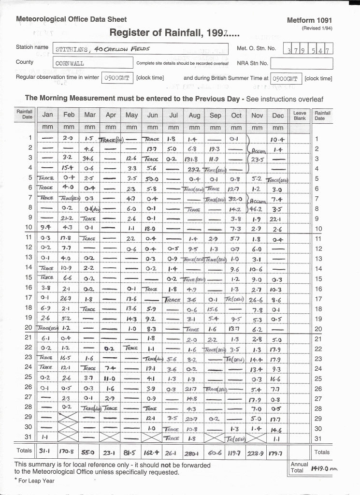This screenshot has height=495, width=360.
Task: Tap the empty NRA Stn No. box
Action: tap(301, 63)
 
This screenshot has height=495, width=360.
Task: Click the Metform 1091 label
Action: tap(309, 21)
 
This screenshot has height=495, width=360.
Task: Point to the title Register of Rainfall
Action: tap(174, 33)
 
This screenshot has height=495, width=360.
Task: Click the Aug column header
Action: tap(194, 115)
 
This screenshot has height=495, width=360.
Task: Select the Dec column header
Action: tap(278, 115)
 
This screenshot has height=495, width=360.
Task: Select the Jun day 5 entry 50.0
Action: tap(153, 179)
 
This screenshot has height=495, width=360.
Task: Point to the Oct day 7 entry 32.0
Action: tap(236, 199)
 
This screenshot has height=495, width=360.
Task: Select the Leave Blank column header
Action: tap(300, 115)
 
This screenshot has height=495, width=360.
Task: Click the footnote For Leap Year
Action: tap(35, 480)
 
